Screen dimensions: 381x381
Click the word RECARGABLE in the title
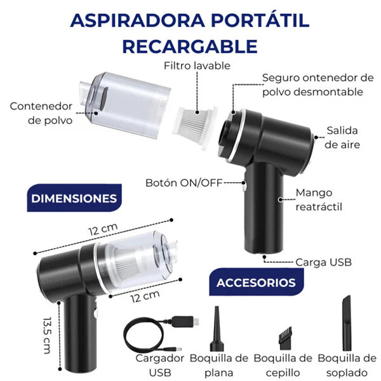(190, 46)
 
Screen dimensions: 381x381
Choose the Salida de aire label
(342, 137)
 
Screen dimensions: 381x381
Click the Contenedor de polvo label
(41, 112)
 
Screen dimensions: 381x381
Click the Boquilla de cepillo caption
(283, 365)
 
